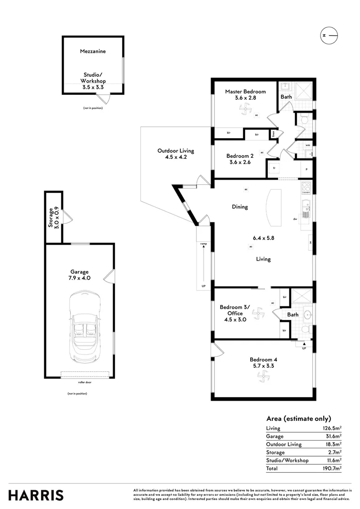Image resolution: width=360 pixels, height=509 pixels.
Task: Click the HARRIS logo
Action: coord(36,495)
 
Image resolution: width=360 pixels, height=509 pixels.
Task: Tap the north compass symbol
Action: coord(329,36)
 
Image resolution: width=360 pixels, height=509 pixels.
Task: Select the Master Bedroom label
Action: coord(245,91)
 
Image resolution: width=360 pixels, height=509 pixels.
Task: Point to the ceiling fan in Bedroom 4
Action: coord(262,376)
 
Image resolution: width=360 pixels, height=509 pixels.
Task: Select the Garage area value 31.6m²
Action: coord(333,436)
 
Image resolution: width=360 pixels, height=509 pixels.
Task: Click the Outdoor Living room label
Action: coord(176,151)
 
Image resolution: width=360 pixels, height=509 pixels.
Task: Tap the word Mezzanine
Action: coord(93,52)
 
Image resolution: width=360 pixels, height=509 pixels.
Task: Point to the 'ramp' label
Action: coord(203,244)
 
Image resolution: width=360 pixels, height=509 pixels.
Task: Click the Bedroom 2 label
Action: coord(240,156)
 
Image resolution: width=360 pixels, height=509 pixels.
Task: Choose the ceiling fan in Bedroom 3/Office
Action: coord(258,312)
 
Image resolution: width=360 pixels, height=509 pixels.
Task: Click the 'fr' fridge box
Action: coord(273,168)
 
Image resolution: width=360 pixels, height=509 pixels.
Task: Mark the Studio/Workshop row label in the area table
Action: coord(287,460)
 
